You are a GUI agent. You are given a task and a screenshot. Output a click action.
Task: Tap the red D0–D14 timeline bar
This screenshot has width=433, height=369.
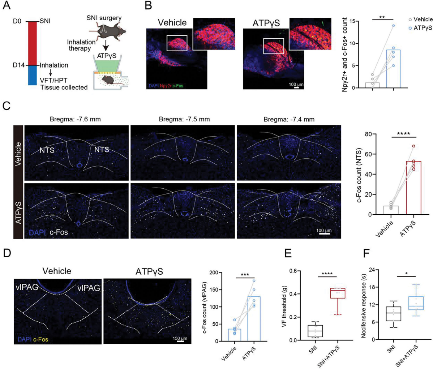[32, 43]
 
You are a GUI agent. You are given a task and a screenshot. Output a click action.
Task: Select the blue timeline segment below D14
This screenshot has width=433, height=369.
[32, 75]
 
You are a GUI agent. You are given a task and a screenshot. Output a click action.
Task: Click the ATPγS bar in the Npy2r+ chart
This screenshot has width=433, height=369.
[393, 69]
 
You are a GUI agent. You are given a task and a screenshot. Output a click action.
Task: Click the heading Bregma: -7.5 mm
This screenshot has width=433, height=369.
[184, 119]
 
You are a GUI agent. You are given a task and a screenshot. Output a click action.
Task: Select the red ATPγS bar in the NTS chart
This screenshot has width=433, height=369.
[413, 188]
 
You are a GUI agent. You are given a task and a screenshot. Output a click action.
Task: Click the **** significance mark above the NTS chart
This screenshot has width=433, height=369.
[403, 134]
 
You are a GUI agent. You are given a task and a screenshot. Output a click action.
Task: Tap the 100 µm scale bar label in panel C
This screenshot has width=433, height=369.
[324, 230]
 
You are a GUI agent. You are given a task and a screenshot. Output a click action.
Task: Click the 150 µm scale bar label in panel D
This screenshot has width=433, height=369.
[180, 338]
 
